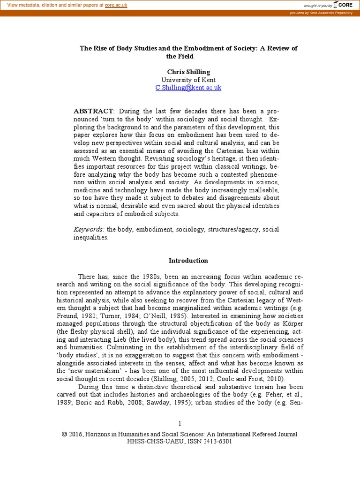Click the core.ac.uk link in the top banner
116,5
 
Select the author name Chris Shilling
188,72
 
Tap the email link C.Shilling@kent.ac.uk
188,88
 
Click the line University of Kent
188,80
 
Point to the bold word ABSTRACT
93,111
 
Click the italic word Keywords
89,229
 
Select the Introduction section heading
188,261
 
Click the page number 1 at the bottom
180,424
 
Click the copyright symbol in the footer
64,434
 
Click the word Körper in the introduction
292,324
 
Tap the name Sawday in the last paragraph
172,403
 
